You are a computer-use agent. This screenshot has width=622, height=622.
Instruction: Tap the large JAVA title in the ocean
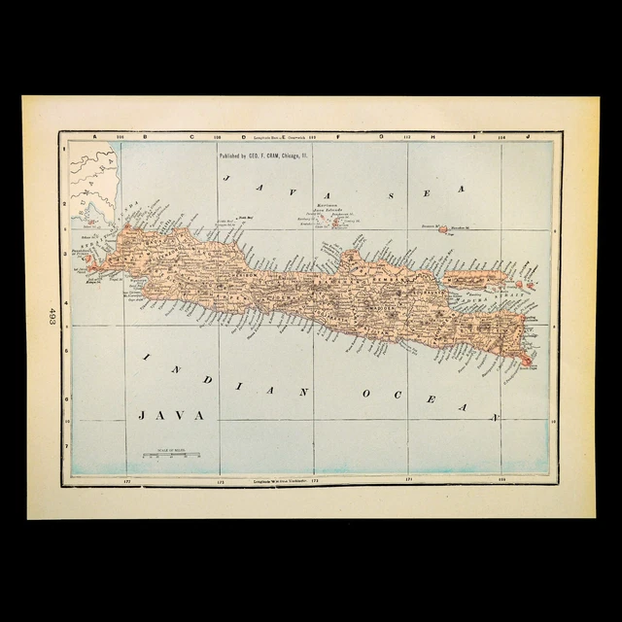173,414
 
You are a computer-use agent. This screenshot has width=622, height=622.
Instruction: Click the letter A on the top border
94,137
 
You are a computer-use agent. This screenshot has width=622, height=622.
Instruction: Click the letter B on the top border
145,137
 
